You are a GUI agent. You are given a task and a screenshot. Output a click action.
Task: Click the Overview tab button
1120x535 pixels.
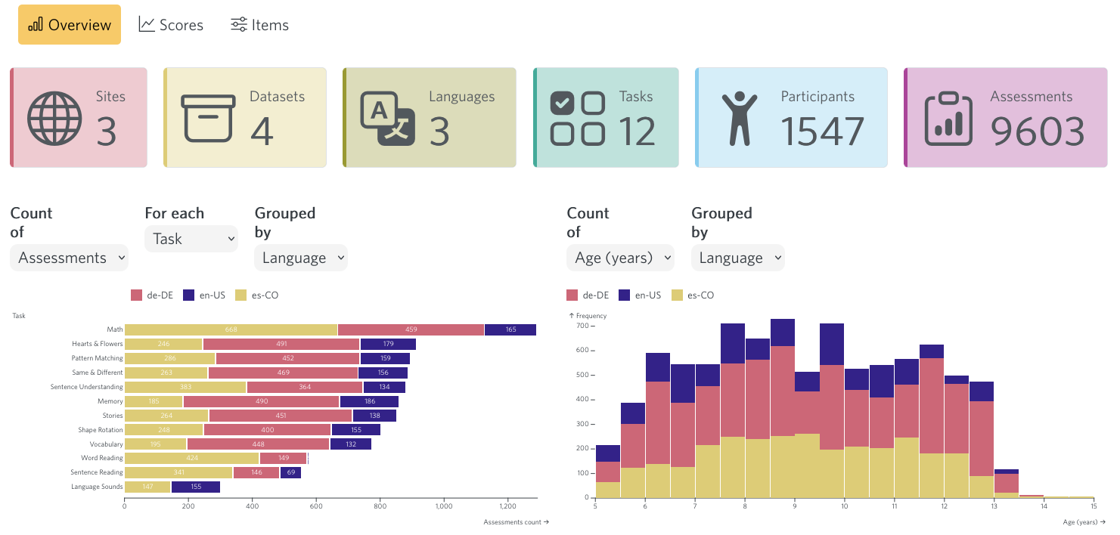pyautogui.click(x=70, y=25)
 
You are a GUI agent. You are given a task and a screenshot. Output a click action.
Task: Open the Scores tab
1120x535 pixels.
pyautogui.click(x=171, y=25)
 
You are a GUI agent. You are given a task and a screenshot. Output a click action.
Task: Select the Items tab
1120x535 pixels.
pyautogui.click(x=259, y=25)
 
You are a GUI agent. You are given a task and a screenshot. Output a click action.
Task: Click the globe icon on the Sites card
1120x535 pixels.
pyautogui.click(x=54, y=119)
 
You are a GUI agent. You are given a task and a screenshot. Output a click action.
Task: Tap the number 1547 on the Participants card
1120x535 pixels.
pyautogui.click(x=822, y=131)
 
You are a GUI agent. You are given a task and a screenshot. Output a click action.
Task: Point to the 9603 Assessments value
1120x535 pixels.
pyautogui.click(x=1038, y=131)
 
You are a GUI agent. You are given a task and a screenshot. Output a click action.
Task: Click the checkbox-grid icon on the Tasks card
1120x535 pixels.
pyautogui.click(x=577, y=119)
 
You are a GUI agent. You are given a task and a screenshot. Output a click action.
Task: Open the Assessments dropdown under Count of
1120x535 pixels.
pyautogui.click(x=70, y=258)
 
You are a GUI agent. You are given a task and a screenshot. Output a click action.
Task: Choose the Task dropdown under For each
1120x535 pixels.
pyautogui.click(x=191, y=239)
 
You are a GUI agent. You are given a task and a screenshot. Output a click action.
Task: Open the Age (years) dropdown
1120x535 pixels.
pyautogui.click(x=620, y=258)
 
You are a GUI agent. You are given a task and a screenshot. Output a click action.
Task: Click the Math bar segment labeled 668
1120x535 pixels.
pyautogui.click(x=231, y=329)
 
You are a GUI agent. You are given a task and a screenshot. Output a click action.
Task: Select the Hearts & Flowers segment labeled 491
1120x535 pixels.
pyautogui.click(x=281, y=344)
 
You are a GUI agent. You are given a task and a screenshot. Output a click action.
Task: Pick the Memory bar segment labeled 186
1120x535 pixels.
pyautogui.click(x=369, y=401)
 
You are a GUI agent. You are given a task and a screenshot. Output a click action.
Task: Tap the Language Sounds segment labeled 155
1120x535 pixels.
pyautogui.click(x=195, y=487)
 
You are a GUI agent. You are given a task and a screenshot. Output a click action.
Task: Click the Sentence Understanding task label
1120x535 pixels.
pyautogui.click(x=86, y=387)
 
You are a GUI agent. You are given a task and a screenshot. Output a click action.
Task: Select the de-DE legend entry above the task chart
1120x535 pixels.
pyautogui.click(x=152, y=295)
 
